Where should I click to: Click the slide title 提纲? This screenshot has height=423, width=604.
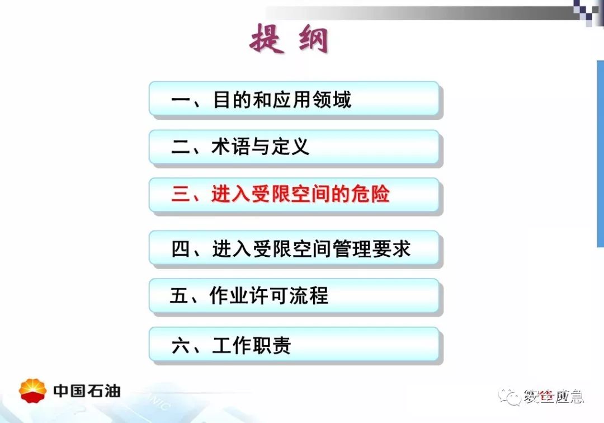click(x=289, y=39)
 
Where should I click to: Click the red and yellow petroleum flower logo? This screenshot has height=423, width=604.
click(x=33, y=391)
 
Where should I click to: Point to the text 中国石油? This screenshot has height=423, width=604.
click(x=87, y=391)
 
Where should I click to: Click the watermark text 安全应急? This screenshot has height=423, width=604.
click(x=553, y=396)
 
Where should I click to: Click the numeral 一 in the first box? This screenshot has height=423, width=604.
click(x=181, y=100)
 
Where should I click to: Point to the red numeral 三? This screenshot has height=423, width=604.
click(x=181, y=194)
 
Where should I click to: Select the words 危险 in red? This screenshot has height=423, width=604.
click(x=370, y=194)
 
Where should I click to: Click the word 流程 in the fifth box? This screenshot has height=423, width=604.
click(x=309, y=295)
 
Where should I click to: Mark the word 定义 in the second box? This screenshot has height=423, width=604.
click(x=290, y=147)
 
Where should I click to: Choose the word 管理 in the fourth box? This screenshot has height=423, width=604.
click(x=352, y=248)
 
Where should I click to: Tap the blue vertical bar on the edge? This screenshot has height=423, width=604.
click(x=601, y=153)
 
